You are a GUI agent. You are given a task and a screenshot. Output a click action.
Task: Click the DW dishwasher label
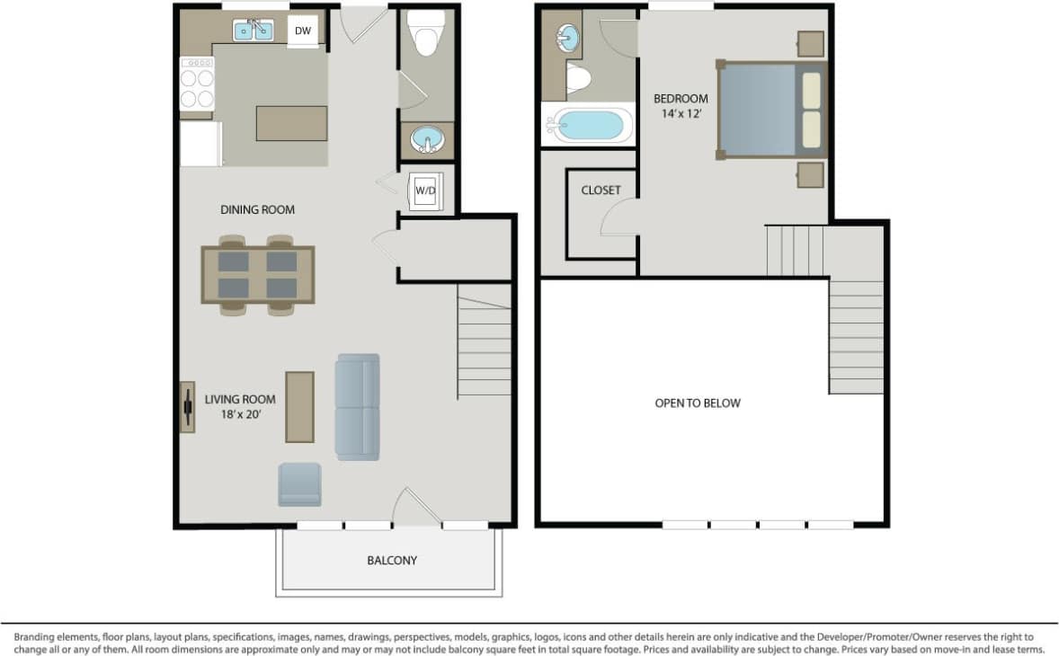pyautogui.click(x=303, y=31)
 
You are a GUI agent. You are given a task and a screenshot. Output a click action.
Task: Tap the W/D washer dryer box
pyautogui.click(x=424, y=191)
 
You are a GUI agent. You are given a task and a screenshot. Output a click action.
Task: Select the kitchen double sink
pyautogui.click(x=254, y=31)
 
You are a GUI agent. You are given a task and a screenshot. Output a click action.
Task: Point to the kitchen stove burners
pyautogui.click(x=197, y=83)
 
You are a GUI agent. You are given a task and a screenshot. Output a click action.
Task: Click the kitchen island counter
pyautogui.click(x=291, y=123)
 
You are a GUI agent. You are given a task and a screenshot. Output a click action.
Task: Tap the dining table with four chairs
pyautogui.click(x=257, y=275)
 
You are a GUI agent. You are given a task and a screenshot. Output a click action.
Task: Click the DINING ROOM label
pyautogui.click(x=258, y=209)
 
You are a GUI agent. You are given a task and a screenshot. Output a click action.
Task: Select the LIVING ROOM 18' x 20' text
pyautogui.click(x=239, y=407)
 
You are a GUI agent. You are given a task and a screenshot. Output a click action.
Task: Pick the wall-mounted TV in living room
pyautogui.click(x=187, y=407)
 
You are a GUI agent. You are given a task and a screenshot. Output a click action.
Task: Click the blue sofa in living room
pyautogui.click(x=358, y=407)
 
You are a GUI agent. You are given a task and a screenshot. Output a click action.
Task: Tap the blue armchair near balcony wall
pyautogui.click(x=299, y=484)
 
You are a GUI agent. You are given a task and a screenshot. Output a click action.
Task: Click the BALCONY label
pyautogui.click(x=392, y=560)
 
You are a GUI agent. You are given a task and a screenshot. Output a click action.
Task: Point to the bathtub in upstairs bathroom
pyautogui.click(x=588, y=125)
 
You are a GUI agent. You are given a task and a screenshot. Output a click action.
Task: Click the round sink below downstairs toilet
pyautogui.click(x=426, y=140)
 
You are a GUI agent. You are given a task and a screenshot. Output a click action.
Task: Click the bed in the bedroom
pyautogui.click(x=770, y=110)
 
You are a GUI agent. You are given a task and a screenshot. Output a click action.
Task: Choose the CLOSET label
pyautogui.click(x=601, y=191)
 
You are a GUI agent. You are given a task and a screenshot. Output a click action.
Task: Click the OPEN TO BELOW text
pyautogui.click(x=698, y=403)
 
